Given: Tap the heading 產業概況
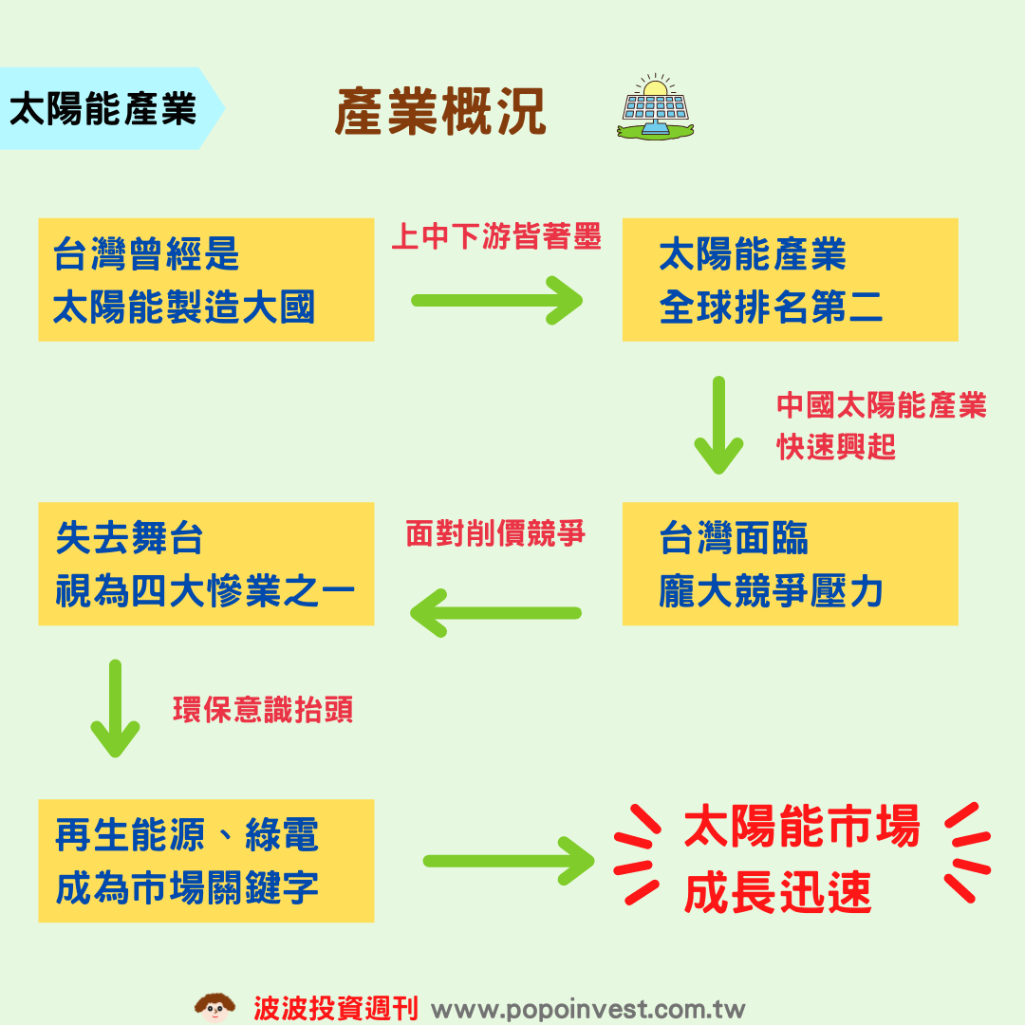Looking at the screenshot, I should pos(440,112).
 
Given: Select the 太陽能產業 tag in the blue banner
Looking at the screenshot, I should pos(102,109).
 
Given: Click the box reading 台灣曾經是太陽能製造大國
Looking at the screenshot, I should pos(206,280).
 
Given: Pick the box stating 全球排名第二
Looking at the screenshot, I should pos(790,280).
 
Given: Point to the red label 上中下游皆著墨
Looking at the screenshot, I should pos(496,236).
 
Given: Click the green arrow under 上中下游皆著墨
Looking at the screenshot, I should pos(496,301).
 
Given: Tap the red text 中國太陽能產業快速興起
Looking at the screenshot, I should pos(881,425).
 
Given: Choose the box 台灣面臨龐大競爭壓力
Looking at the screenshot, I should pos(790,565).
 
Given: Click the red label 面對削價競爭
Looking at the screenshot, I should pos(495,533).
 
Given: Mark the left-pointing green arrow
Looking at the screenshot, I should pos(495,613).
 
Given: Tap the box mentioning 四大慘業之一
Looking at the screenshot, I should pos(206,565).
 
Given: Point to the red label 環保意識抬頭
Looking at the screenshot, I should pos(263,710).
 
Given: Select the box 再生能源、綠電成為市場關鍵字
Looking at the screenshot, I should pos(206,861).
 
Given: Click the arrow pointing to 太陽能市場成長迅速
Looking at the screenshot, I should pos(508,861).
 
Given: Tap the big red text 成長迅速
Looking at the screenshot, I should pos(777,893).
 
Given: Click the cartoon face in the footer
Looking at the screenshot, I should pos(214,1007).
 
